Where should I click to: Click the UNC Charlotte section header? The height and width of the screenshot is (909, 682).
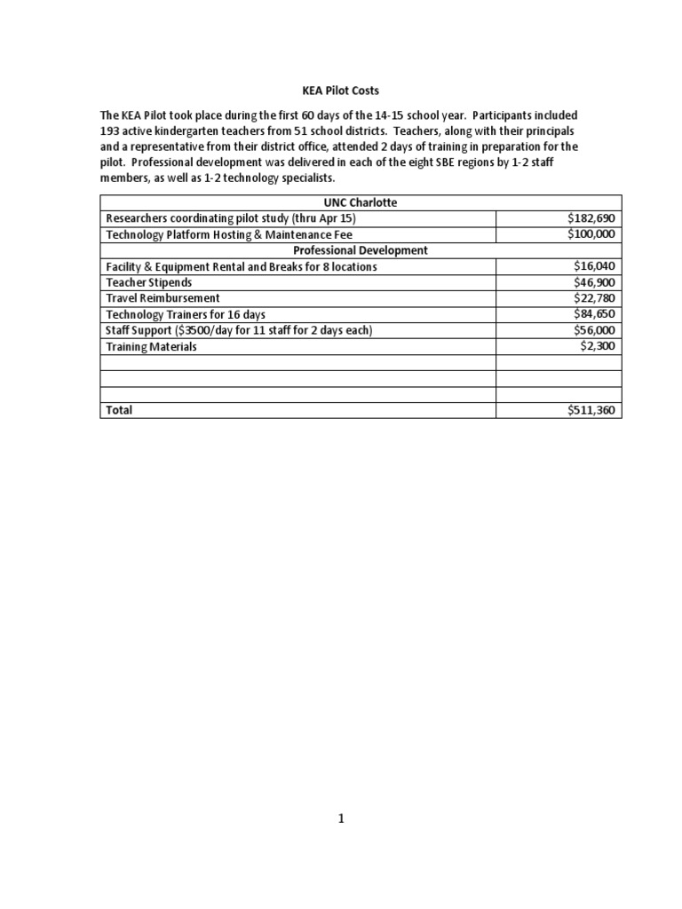point(361,202)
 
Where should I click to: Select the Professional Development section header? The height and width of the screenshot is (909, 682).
point(361,250)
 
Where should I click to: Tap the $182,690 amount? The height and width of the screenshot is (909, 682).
point(591,218)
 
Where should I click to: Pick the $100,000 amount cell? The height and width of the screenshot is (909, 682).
point(591,234)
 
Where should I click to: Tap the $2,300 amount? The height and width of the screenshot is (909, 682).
point(598,346)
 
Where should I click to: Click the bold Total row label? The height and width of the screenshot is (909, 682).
point(119,411)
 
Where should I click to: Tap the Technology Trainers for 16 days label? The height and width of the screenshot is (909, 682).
point(186,314)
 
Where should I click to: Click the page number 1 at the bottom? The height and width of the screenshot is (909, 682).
point(341,819)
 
